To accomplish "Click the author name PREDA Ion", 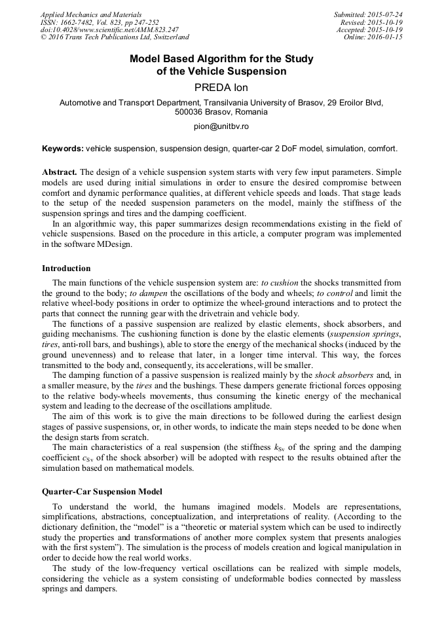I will (x=221, y=86).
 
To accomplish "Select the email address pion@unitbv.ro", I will (x=221, y=126).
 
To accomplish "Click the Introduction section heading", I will (x=66, y=268).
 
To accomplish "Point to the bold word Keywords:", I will (x=62, y=149).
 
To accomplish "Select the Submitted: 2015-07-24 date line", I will (x=368, y=14).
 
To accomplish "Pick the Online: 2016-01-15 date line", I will (x=373, y=37).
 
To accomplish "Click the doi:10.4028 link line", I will (x=100, y=29).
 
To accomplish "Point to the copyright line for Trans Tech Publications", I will (x=115, y=37).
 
